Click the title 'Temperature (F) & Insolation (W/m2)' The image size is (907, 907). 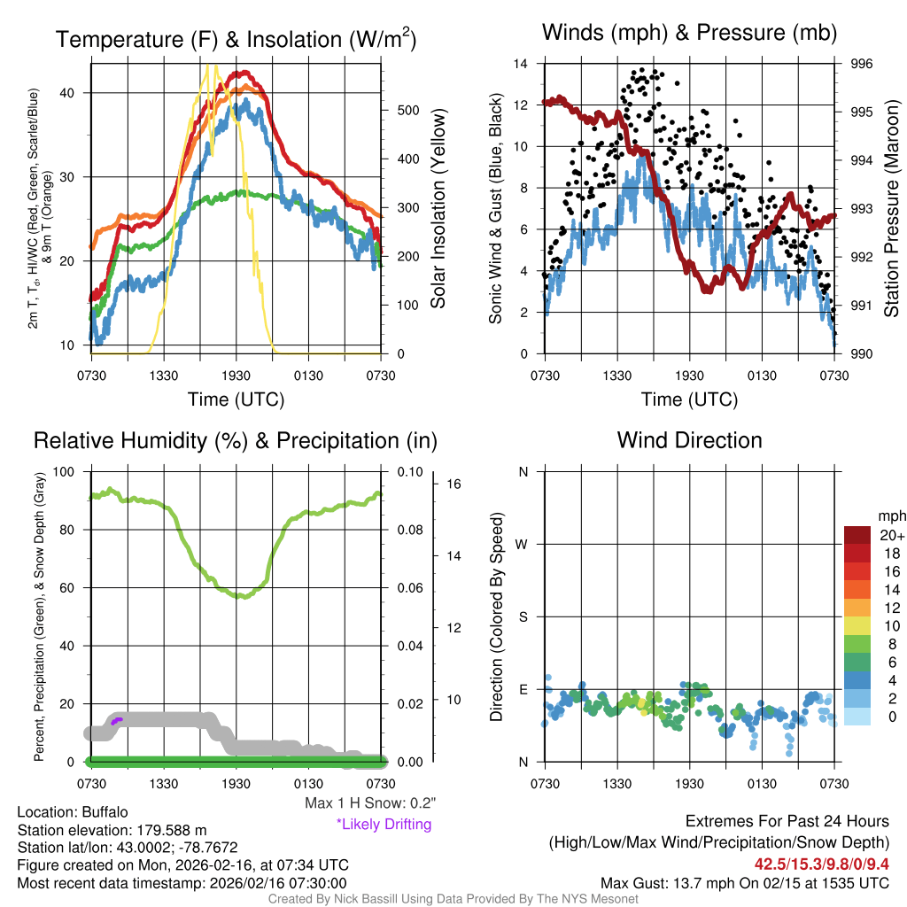pos(236,39)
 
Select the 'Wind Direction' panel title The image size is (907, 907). pos(689,440)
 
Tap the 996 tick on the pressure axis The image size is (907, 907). pos(862,64)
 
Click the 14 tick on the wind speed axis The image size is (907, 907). pos(522,64)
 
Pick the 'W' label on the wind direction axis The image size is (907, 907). pos(523,544)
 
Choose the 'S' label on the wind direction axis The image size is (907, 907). pos(523,616)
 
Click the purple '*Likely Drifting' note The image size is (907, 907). pos(384,824)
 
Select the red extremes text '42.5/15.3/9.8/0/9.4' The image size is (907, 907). pos(822,864)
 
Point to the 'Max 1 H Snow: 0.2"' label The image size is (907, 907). pos(370,803)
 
